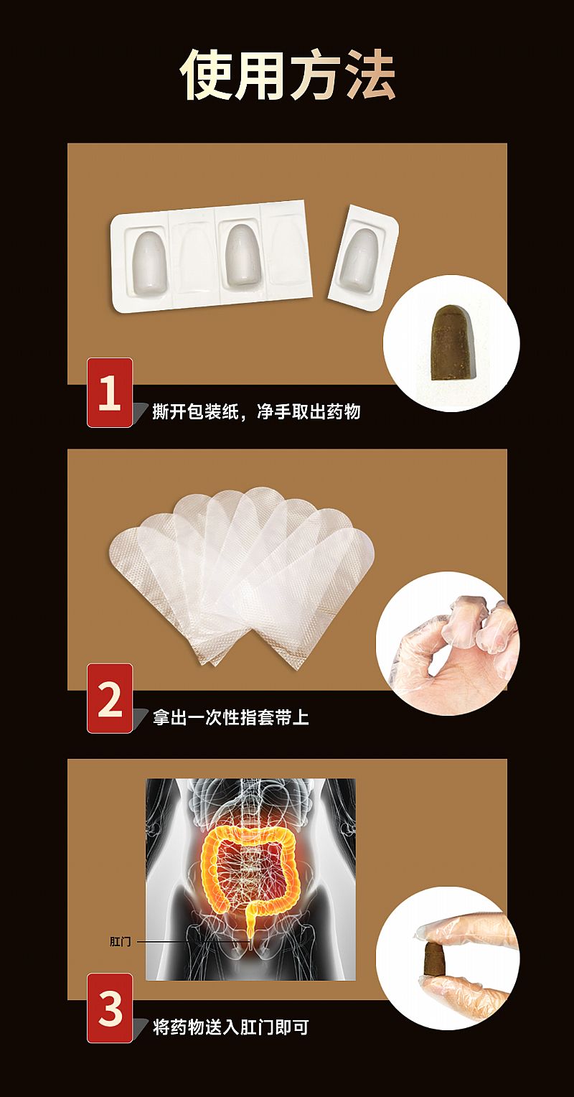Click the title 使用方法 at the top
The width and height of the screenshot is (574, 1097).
pos(288,75)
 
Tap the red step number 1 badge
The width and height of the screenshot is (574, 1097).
pos(110,392)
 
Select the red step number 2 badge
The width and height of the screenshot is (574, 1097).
pos(110,699)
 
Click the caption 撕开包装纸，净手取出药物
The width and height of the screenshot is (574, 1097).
pos(256,411)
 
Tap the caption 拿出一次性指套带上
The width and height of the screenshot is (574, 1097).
pos(230,717)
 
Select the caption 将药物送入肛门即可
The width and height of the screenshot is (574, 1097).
pos(230,1027)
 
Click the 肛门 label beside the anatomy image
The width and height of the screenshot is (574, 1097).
pos(120,941)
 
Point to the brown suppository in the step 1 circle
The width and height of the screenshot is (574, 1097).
pos(451,342)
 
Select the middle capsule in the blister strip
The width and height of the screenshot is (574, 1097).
pos(240,255)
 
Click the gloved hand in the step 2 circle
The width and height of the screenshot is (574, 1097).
pos(447,644)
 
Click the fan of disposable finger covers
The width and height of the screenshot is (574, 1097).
pos(241,576)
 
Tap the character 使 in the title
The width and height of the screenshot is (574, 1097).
pos(205,75)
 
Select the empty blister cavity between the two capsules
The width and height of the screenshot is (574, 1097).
pos(192,258)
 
